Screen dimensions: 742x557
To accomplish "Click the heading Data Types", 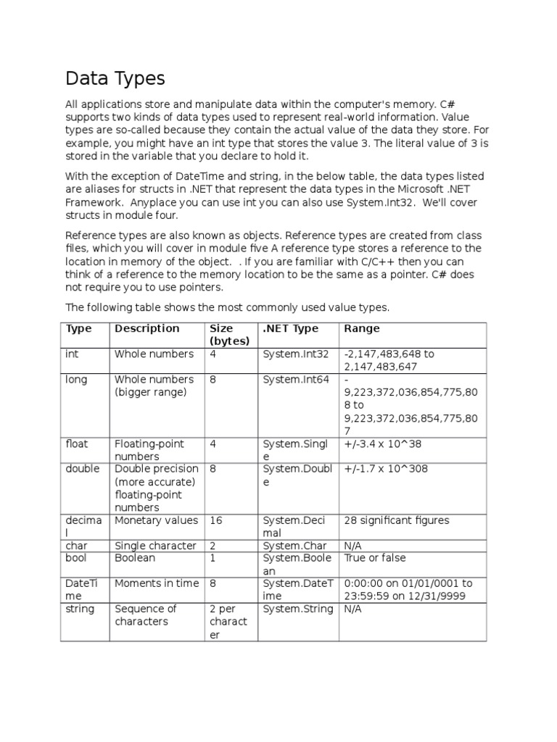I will pos(115,78).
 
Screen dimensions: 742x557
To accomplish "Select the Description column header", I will pos(147,328).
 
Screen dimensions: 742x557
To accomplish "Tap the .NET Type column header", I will pos(290,328).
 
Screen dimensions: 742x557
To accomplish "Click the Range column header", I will pos(361,328).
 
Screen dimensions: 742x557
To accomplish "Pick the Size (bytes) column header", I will pos(230,335).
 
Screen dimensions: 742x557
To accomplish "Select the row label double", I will pos(83,469).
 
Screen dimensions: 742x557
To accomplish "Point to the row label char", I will pos(76,546).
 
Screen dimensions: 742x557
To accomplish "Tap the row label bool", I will pos(77,558).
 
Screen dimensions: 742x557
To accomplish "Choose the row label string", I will pos(80,609).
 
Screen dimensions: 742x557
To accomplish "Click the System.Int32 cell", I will pos(295,354).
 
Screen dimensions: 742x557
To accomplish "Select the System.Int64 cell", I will pos(295,380).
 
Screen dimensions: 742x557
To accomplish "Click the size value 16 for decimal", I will pos(216,520).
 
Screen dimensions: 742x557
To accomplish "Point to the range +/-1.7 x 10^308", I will pos(386,469).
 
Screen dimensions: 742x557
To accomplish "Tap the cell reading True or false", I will pos(375,558).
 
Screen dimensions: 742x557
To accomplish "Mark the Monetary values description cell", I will pos(156,520).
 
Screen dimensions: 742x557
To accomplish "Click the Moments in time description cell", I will pos(156,583).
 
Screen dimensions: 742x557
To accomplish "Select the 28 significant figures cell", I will pos(397,520).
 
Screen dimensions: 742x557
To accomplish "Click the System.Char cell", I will pos(294,546).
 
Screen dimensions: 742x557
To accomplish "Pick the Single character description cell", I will pos(155,546).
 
